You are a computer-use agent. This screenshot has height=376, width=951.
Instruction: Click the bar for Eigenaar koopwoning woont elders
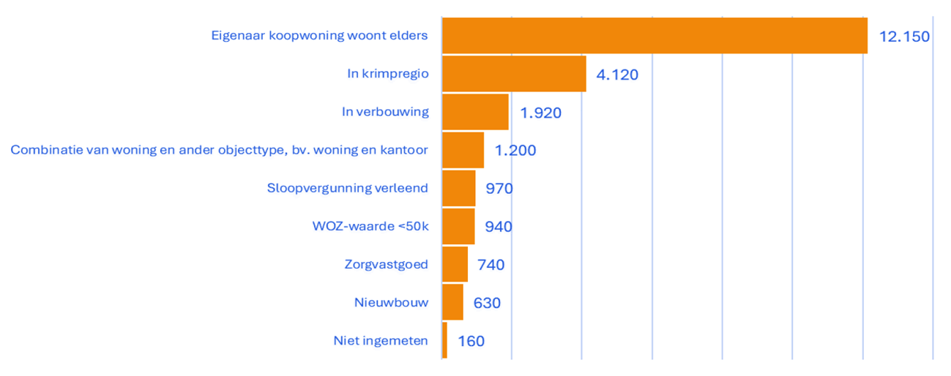click(654, 35)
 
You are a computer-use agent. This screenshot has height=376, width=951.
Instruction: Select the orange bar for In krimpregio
click(514, 73)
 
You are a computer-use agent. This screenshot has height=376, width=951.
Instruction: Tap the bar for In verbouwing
click(475, 112)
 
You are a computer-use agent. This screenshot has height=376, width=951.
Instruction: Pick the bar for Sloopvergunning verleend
click(459, 188)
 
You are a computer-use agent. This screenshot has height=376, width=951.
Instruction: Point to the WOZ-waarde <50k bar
click(458, 226)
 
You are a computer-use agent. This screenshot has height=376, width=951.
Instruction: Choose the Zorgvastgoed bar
click(455, 264)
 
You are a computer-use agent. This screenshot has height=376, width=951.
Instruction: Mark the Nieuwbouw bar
click(452, 302)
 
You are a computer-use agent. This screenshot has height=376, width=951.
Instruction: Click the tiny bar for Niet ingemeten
click(444, 340)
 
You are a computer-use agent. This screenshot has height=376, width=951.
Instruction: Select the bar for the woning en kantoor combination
click(463, 150)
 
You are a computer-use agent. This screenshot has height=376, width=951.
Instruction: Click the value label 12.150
click(904, 36)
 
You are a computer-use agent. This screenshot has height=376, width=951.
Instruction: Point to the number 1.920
click(540, 113)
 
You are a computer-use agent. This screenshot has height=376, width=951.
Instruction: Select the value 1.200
click(515, 151)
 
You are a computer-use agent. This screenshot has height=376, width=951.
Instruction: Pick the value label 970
click(499, 189)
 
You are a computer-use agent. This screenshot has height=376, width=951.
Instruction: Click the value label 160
click(471, 341)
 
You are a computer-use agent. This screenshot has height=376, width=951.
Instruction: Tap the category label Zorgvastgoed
click(386, 264)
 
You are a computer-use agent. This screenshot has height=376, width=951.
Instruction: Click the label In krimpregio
click(387, 73)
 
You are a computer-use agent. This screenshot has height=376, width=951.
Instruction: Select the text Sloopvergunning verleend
click(347, 188)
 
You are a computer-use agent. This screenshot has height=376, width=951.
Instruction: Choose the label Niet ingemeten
click(380, 340)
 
